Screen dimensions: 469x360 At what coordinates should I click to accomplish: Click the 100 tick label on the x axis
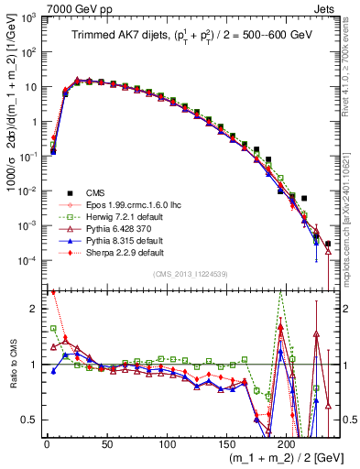point(167,444)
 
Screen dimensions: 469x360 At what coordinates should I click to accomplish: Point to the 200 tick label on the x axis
point(287,444)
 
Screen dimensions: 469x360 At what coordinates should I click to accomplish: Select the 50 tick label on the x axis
point(106,444)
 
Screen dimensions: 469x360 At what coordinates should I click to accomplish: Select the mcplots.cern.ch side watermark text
point(351,202)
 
